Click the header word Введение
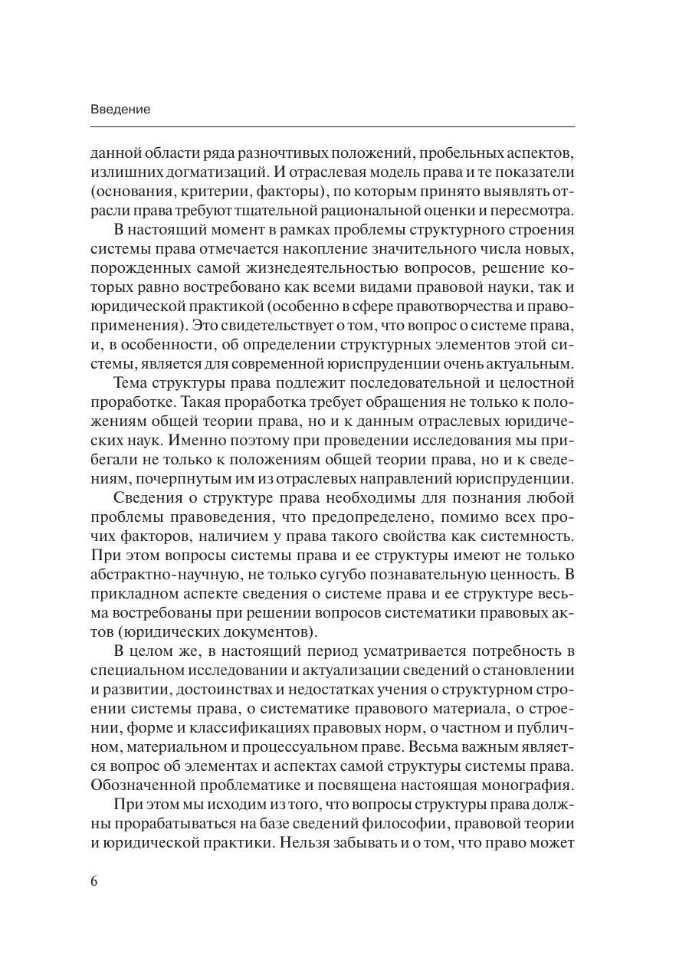[120, 110]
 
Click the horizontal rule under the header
[332, 126]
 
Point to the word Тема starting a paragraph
[130, 382]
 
